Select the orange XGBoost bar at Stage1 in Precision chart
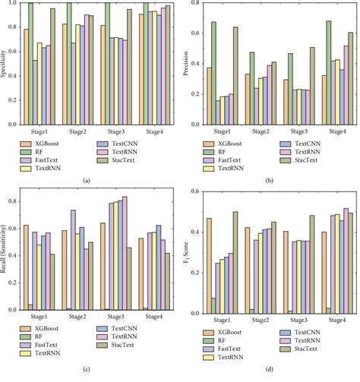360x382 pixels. [210, 94]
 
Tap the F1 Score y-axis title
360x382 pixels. [186, 251]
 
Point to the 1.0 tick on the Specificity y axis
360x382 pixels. [14, 5]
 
